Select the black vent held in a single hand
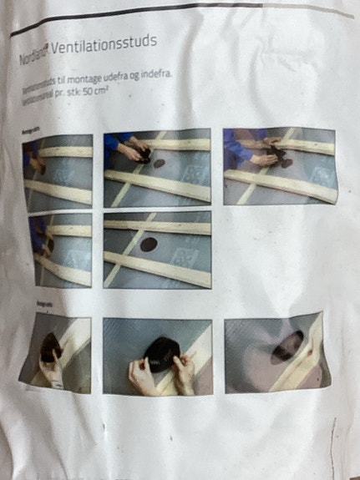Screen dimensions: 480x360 [50, 344]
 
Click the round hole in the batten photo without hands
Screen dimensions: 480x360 [150, 244]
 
